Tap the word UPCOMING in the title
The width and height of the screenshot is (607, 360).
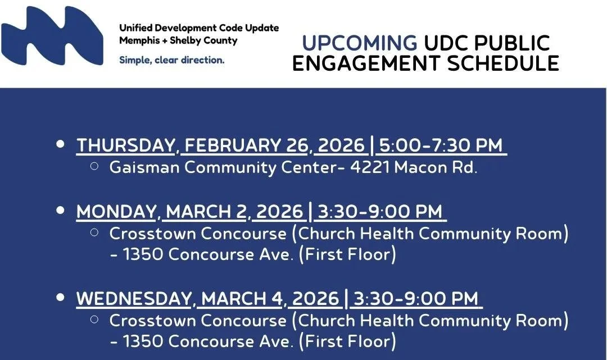pos(359,43)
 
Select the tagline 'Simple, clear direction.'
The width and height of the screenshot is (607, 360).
pos(171,60)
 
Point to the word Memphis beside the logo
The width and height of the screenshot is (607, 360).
pos(138,41)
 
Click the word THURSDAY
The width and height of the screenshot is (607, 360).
pos(125,145)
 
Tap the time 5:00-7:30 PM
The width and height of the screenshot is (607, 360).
pos(441,145)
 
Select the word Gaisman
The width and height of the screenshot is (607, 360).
pos(143,167)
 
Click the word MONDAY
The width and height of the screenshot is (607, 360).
pos(116,212)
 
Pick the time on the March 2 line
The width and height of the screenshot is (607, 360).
pos(380,212)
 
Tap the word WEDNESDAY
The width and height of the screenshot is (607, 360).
pos(135,299)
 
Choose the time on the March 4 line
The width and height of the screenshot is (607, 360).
pos(416,299)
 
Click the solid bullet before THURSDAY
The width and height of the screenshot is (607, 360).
pos(61,144)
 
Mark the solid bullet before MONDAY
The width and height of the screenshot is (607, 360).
pos(61,211)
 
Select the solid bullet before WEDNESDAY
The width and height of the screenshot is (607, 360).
pos(61,298)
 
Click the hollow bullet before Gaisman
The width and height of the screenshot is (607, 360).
pos(94,166)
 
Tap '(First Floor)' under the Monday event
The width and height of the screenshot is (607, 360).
pos(347,254)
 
